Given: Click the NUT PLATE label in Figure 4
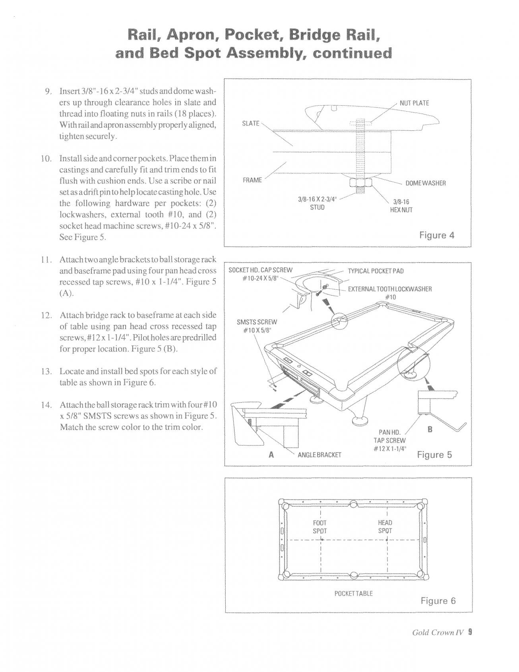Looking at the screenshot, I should pos(414,103).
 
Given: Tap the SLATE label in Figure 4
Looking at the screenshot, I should pos(251,123).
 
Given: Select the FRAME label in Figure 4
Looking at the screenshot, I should pos(252,180).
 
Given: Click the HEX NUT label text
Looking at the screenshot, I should pos(401,206).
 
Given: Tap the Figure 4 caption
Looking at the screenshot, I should pos(437,235).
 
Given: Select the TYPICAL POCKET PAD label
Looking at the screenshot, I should pos(376,271).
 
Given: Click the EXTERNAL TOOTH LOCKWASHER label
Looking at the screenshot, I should pos(389,292).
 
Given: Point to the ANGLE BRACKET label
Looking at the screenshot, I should pos(320,455).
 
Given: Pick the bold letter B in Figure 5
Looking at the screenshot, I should pos(430,429).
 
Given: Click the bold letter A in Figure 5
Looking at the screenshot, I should pos(271,455).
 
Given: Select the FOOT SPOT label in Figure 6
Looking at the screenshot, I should pos(320,527).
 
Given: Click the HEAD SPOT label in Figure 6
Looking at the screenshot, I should pos(385,527).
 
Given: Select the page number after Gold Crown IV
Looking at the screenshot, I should pos(470,643).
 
